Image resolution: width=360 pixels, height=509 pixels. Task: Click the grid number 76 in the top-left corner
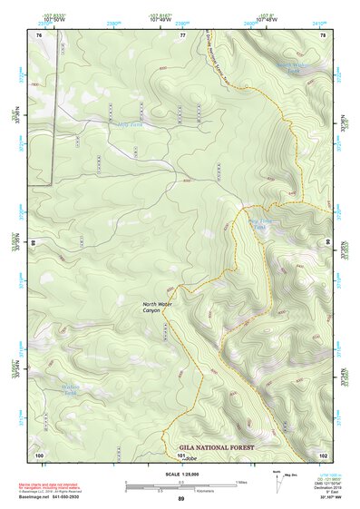(39, 34)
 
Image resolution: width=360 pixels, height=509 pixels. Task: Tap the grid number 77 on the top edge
(182, 34)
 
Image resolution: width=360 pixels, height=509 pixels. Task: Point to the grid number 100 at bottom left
(39, 453)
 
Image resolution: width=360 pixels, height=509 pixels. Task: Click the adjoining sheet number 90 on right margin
(329, 243)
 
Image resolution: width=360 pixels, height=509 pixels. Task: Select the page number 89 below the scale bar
(180, 499)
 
